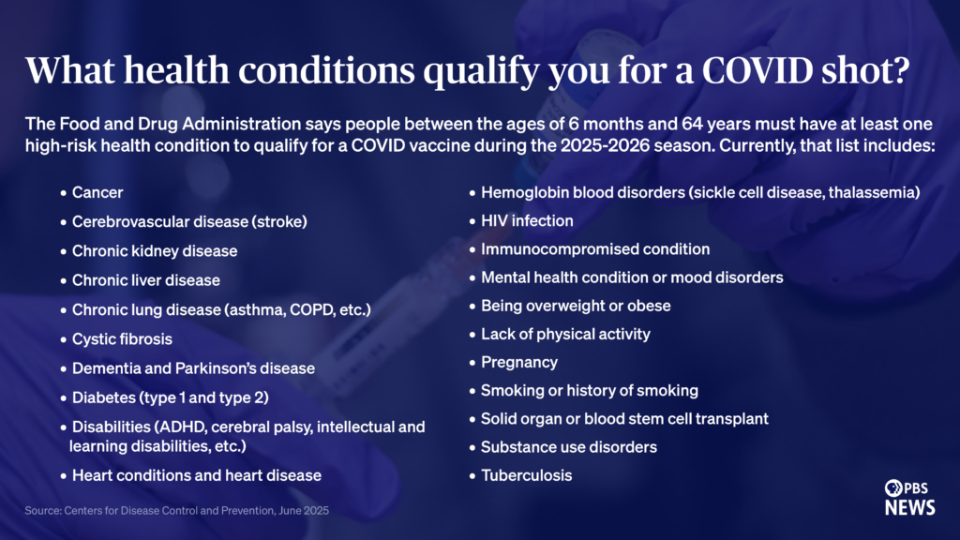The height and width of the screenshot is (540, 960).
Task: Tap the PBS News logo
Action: click(909, 498)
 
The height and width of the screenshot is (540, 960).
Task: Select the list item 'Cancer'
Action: click(97, 192)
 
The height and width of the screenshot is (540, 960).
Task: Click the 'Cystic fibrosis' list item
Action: click(122, 339)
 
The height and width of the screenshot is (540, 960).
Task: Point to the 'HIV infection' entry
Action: click(527, 221)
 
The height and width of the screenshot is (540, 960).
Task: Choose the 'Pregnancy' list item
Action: click(519, 363)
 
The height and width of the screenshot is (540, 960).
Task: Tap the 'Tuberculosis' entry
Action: click(527, 475)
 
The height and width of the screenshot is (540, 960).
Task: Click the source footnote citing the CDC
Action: click(177, 511)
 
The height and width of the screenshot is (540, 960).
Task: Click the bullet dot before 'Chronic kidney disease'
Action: click(64, 251)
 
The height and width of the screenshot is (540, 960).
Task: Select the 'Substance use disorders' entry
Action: click(569, 447)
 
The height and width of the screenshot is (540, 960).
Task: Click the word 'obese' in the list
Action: click(651, 307)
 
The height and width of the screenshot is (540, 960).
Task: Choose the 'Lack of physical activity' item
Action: click(565, 335)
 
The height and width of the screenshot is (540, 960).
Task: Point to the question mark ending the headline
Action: click(901, 70)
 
